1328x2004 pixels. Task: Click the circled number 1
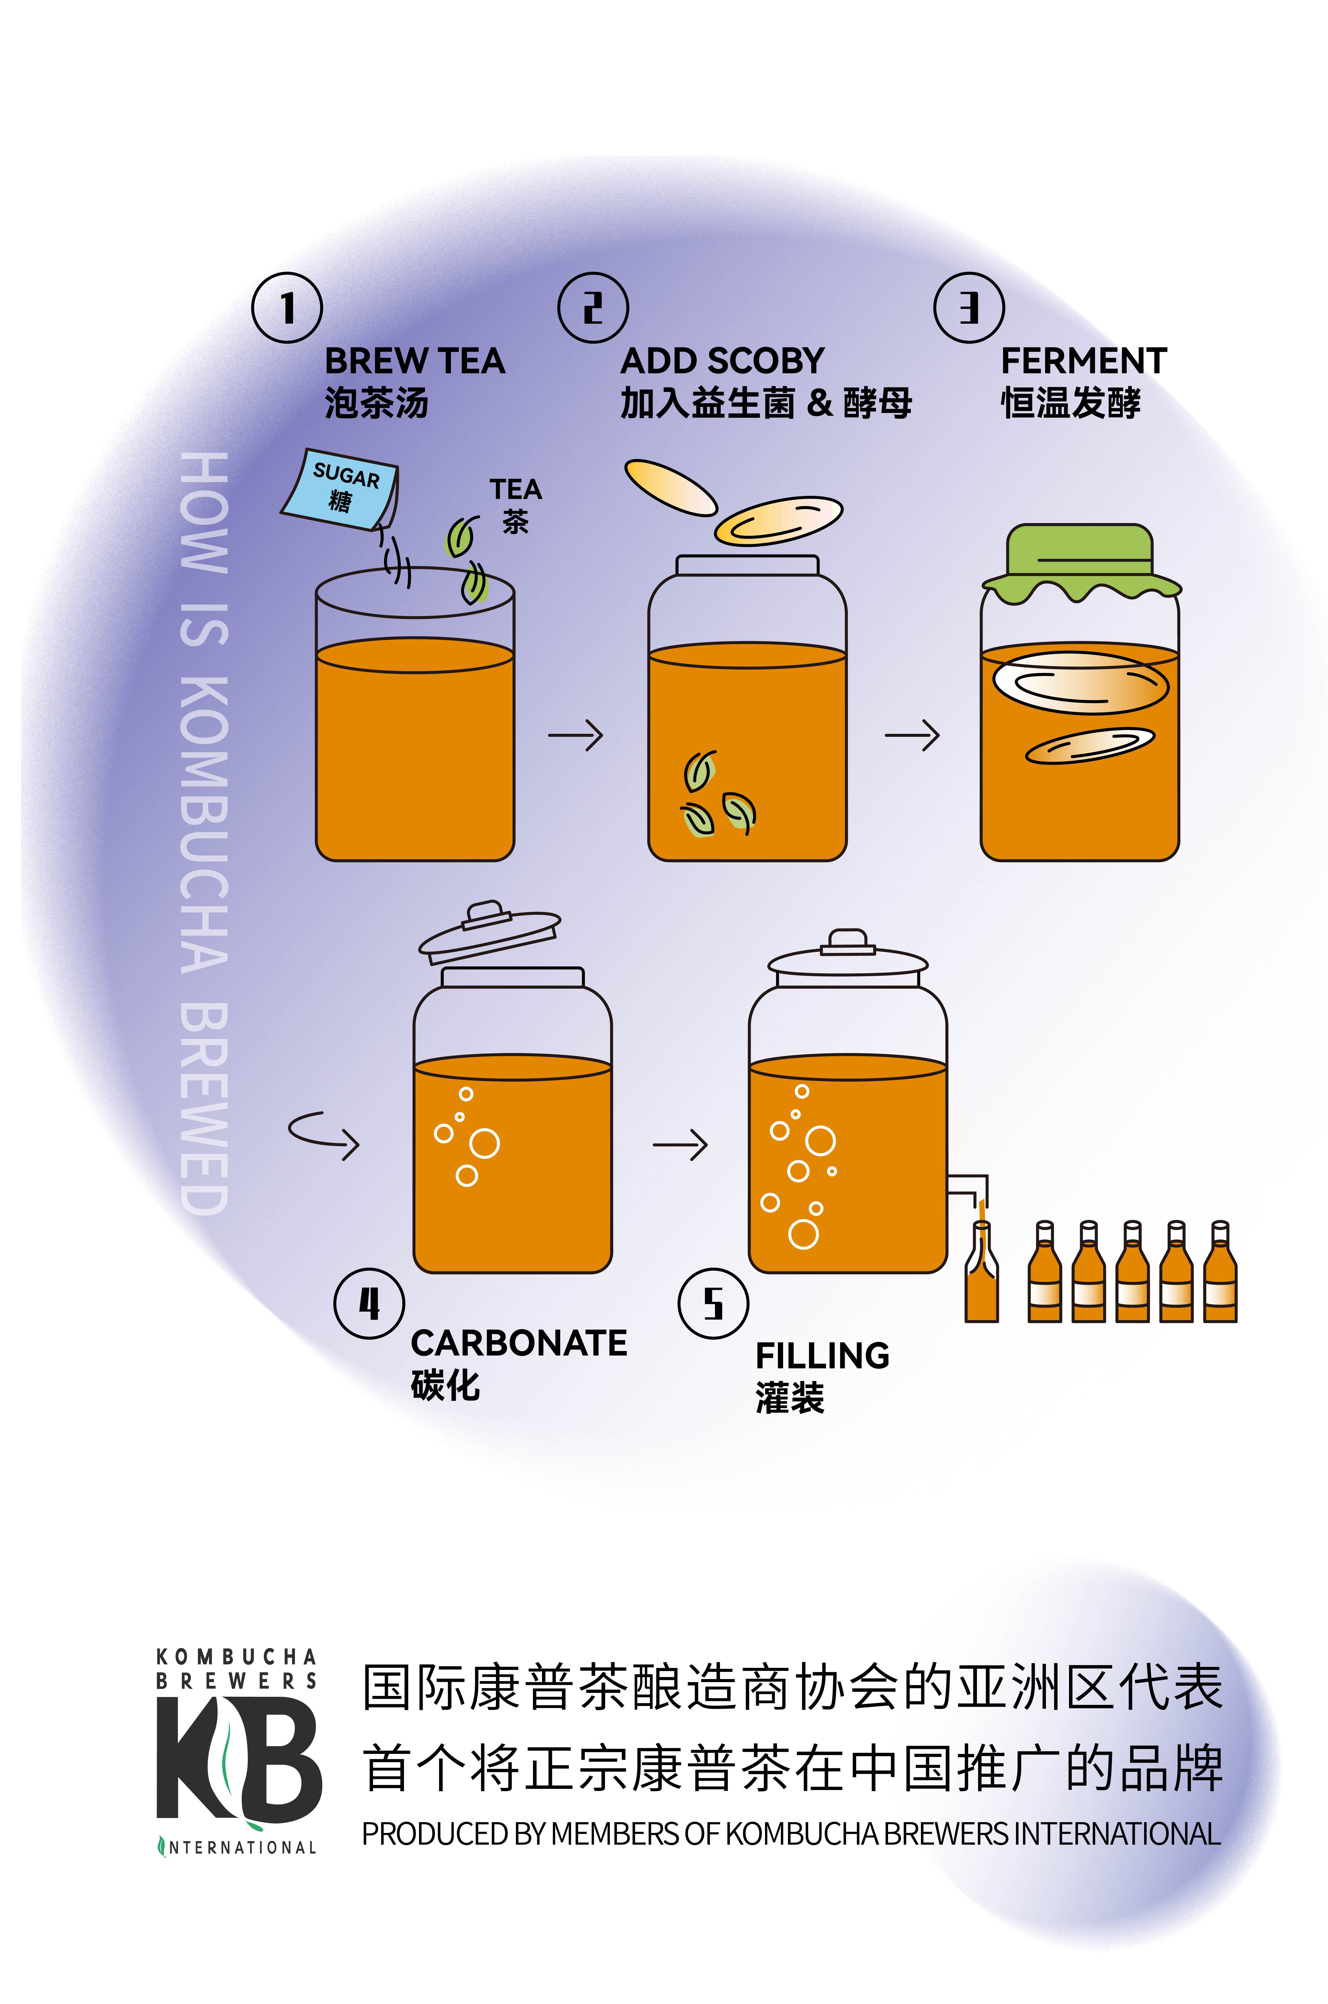point(287,307)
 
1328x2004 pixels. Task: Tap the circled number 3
point(969,307)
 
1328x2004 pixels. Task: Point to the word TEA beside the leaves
point(515,490)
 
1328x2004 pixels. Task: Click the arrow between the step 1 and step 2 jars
point(576,735)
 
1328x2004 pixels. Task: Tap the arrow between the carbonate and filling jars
point(680,1145)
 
